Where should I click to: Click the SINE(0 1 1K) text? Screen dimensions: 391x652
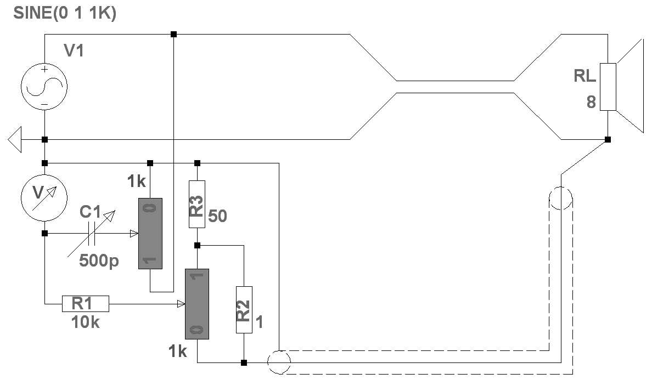click(64, 14)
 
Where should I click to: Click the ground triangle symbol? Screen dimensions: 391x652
click(15, 139)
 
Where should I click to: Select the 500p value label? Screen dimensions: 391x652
click(99, 261)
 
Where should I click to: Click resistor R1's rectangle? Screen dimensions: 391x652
click(85, 303)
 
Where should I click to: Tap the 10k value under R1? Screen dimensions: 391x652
click(85, 322)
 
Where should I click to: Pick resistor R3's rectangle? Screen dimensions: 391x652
click(197, 205)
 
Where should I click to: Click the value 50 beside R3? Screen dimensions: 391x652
click(217, 216)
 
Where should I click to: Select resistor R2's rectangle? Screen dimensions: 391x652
click(244, 309)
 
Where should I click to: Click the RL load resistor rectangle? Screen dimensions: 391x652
click(608, 87)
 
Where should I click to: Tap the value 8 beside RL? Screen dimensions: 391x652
click(591, 103)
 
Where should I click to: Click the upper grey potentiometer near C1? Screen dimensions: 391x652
click(150, 234)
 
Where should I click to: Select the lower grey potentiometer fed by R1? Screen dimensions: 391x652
click(197, 304)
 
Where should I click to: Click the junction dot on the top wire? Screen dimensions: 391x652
click(173, 34)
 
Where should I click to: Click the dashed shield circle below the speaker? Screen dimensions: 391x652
click(561, 198)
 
